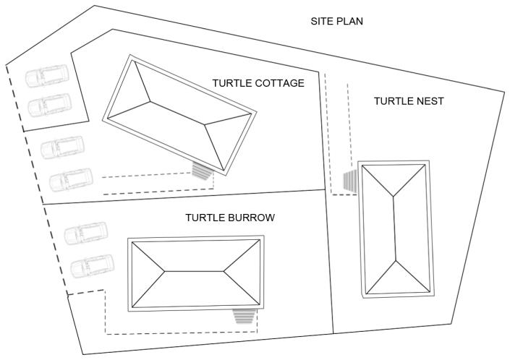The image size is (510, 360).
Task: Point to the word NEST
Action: click(428, 100)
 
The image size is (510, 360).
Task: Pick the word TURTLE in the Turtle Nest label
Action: click(391, 100)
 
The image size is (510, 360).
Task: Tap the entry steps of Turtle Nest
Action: click(350, 181)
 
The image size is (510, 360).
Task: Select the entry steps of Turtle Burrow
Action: click(245, 317)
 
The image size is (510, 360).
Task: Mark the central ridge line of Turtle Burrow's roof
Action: click(194, 272)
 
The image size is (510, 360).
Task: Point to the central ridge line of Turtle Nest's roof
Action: click(395, 228)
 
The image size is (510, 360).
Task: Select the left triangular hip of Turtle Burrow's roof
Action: click(148, 273)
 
